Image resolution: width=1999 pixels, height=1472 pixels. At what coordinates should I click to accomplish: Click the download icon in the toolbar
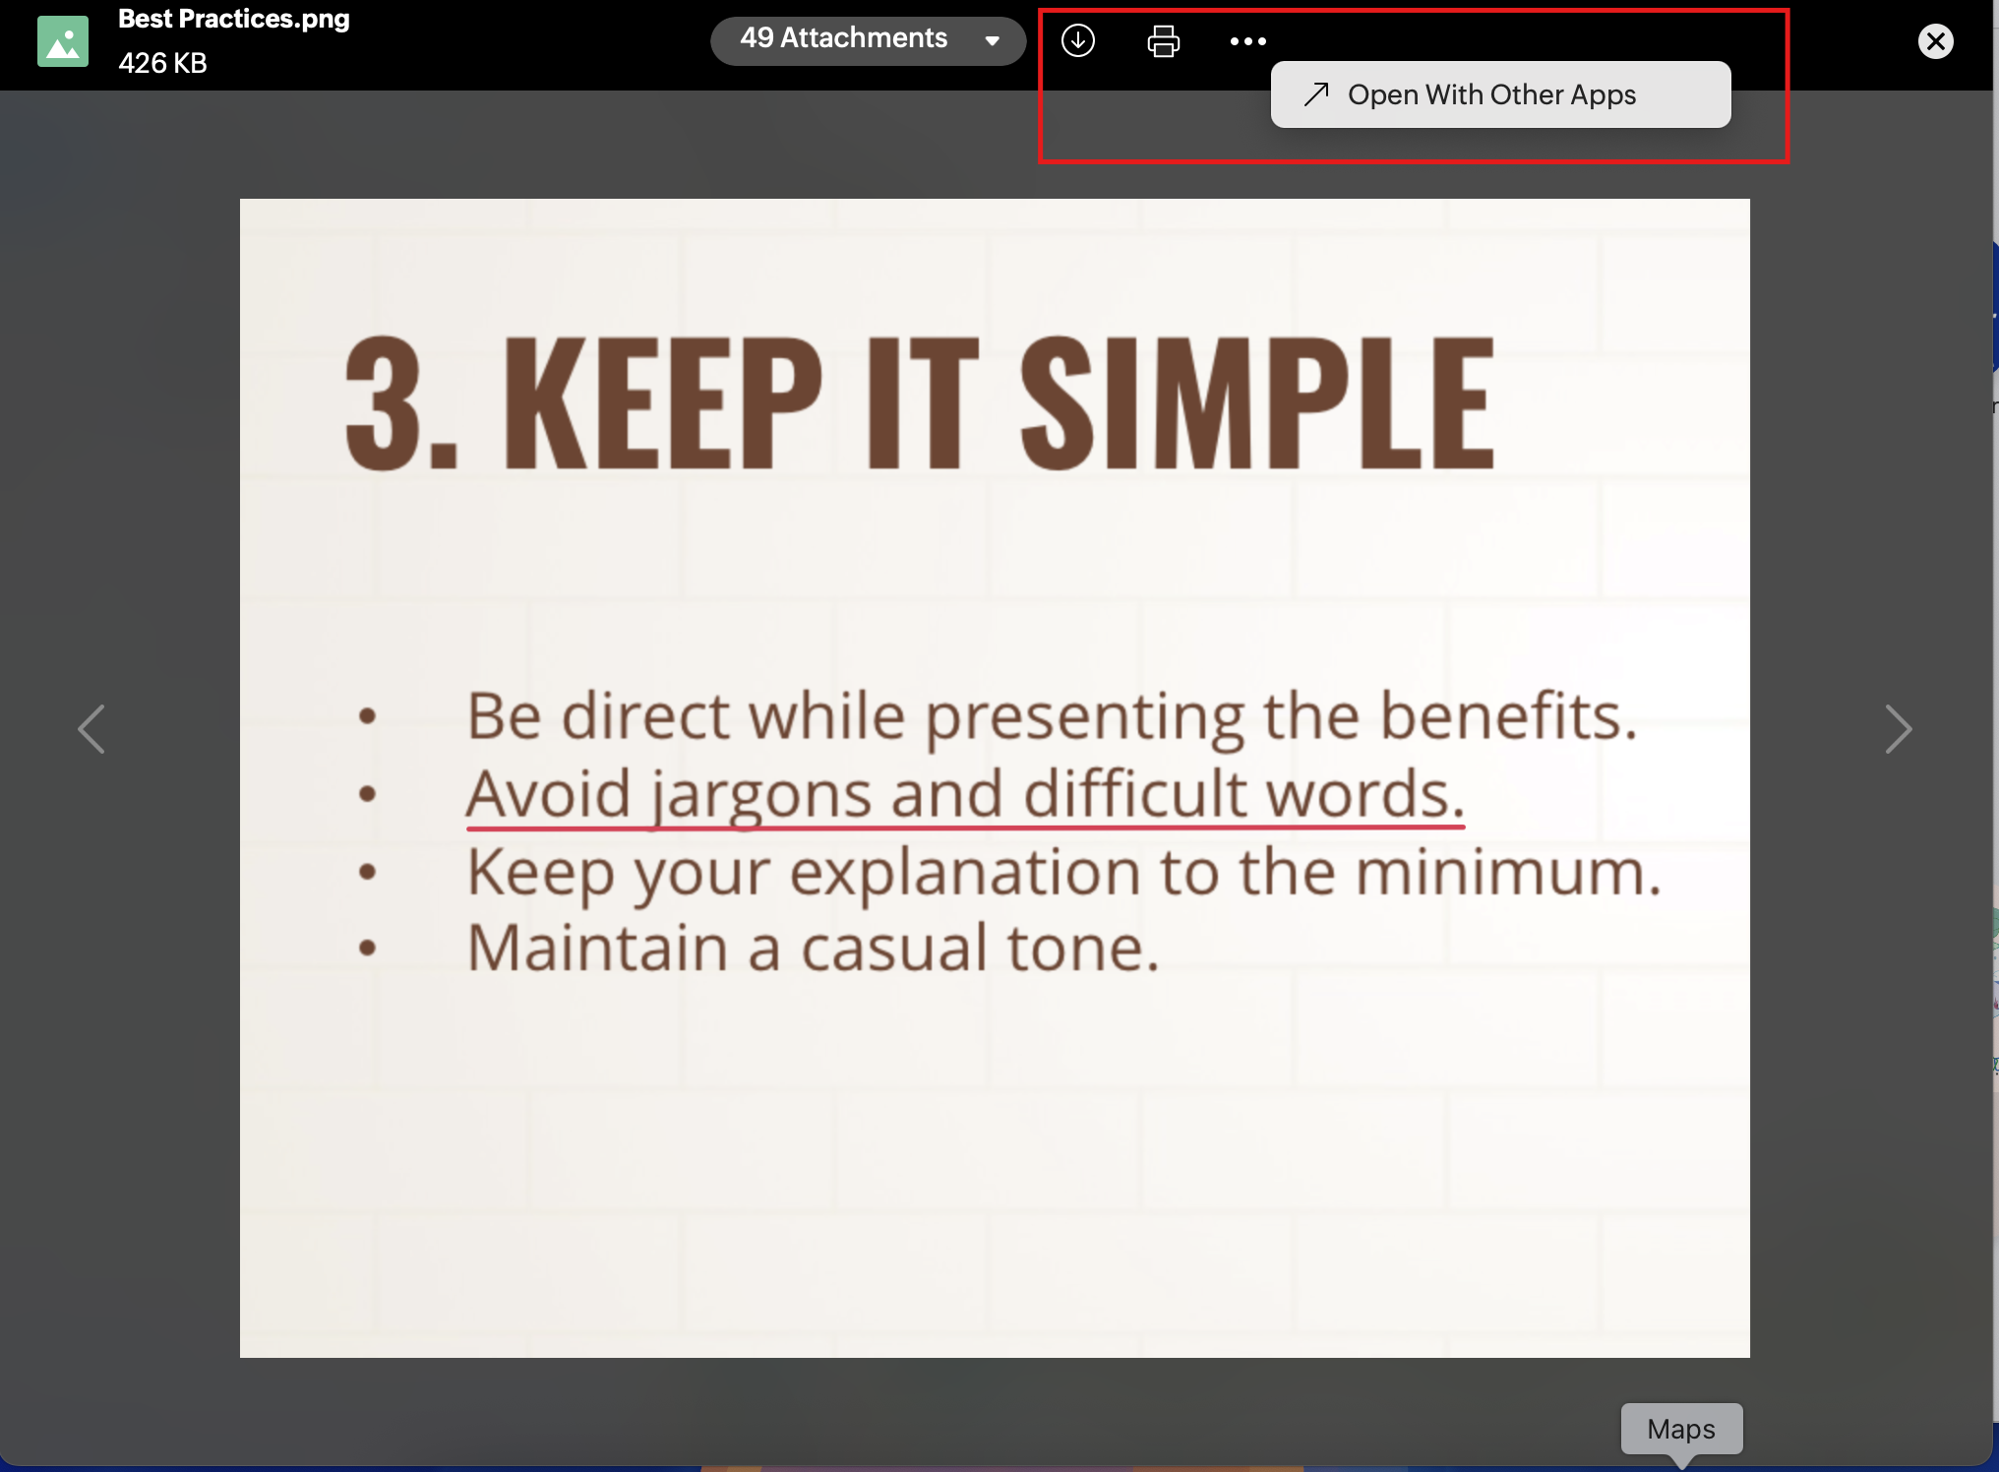1078,40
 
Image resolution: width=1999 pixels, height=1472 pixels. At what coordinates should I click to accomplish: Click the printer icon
1163,40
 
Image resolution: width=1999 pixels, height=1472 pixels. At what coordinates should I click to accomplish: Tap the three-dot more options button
1247,41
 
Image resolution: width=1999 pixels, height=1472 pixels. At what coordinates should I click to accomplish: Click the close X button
1935,41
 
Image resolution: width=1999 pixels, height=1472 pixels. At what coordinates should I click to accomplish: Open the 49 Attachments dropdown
868,40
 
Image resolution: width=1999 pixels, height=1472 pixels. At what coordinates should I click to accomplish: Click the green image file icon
63,41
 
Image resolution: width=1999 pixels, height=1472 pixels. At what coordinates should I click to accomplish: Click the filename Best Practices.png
234,19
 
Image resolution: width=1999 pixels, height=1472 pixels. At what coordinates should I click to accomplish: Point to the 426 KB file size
162,63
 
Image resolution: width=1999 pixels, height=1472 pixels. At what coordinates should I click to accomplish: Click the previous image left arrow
91,729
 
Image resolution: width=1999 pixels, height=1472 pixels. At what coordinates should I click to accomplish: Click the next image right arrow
1899,729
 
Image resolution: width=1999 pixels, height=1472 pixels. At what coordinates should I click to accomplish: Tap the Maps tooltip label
1681,1429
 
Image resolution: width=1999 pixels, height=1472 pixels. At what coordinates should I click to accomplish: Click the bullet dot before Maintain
368,949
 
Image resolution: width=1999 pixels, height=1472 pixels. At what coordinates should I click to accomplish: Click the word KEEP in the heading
663,402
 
